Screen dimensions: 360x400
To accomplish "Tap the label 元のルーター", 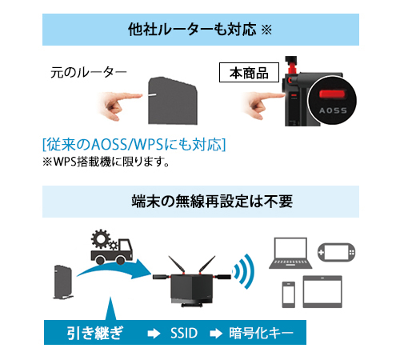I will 88,73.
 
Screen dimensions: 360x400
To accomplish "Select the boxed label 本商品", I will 249,73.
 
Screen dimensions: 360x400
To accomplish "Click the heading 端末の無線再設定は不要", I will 200,200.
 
